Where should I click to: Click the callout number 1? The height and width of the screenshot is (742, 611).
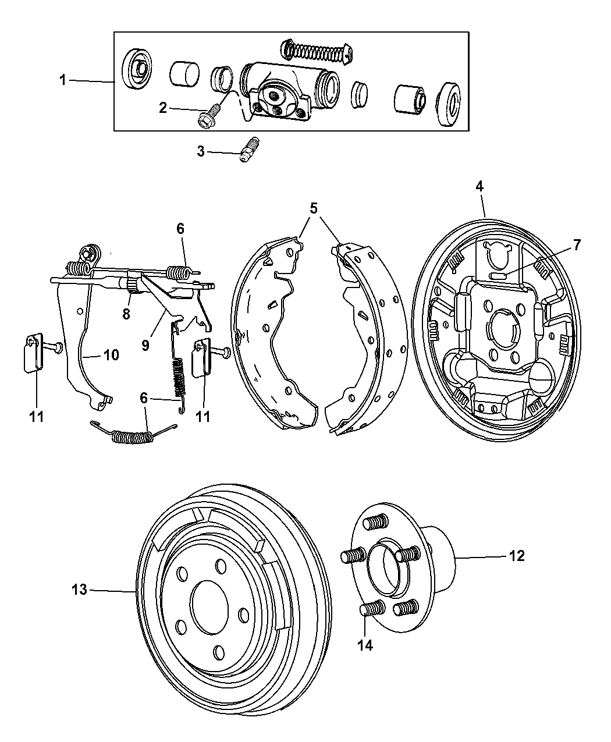click(62, 80)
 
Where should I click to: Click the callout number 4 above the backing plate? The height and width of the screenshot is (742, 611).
click(479, 187)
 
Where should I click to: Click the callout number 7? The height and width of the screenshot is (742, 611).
click(576, 245)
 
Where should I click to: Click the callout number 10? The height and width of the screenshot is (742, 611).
click(111, 354)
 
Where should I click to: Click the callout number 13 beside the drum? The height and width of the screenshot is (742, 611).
click(79, 590)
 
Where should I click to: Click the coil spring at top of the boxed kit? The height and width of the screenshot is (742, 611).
click(315, 51)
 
